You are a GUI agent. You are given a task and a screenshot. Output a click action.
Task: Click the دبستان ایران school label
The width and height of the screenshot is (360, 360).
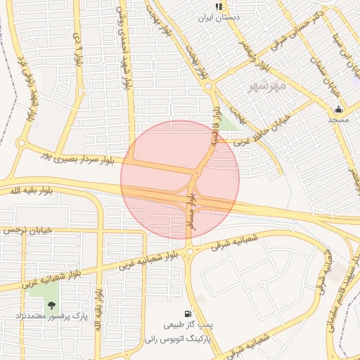pos(219,17)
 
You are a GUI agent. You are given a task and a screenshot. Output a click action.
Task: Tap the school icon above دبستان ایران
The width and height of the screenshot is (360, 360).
pos(219,6)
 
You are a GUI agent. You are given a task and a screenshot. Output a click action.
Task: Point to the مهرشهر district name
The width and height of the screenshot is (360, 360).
pos(268,86)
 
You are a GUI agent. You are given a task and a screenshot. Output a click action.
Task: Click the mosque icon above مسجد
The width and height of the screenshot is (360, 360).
pos(338,109)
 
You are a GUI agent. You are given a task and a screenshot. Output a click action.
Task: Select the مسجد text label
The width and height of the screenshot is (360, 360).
pos(338,120)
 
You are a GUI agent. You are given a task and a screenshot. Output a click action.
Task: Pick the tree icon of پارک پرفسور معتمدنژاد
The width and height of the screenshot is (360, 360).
pos(51,305)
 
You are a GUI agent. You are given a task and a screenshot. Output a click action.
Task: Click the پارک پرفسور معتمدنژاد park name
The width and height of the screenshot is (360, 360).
pos(51,317)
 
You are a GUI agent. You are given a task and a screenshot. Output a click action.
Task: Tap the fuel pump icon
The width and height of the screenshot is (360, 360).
pos(186,314)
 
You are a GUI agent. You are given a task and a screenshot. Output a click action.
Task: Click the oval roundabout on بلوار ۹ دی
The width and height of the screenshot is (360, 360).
pos(79,89)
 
